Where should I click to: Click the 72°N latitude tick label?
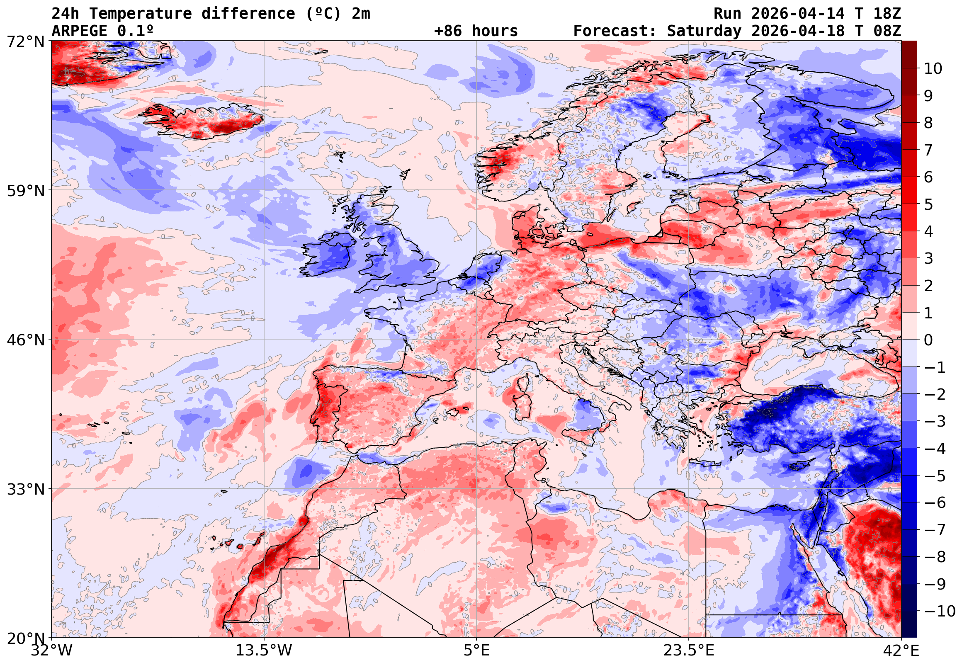pyautogui.click(x=25, y=42)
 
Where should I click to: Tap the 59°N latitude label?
pyautogui.click(x=25, y=191)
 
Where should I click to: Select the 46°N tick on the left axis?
pyautogui.click(x=25, y=340)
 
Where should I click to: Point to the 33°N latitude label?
pyautogui.click(x=25, y=489)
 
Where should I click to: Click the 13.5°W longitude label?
pyautogui.click(x=264, y=650)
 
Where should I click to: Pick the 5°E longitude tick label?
pyautogui.click(x=476, y=650)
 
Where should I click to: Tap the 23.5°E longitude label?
pyautogui.click(x=688, y=650)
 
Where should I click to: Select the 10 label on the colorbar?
pyautogui.click(x=933, y=68)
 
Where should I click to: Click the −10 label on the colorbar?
pyautogui.click(x=940, y=611)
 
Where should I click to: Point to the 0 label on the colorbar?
pyautogui.click(x=928, y=340)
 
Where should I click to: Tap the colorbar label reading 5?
pyautogui.click(x=928, y=204)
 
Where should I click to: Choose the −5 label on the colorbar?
pyautogui.click(x=935, y=476)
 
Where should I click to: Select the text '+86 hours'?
pyautogui.click(x=476, y=31)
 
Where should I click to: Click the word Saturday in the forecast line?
pyautogui.click(x=704, y=31)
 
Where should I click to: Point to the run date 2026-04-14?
pyautogui.click(x=797, y=13)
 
